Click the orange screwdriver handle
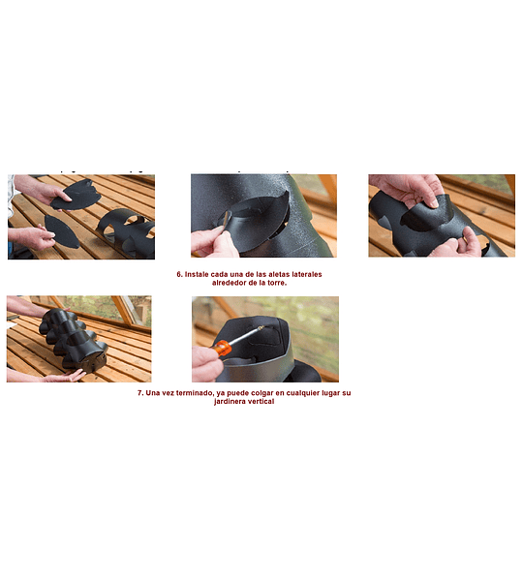(222, 348)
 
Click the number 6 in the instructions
(179, 275)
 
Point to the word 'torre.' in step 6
(277, 283)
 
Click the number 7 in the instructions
(140, 393)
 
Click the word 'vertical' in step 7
(261, 402)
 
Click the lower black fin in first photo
(62, 231)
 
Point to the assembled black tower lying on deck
(73, 340)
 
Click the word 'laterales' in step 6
(307, 275)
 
